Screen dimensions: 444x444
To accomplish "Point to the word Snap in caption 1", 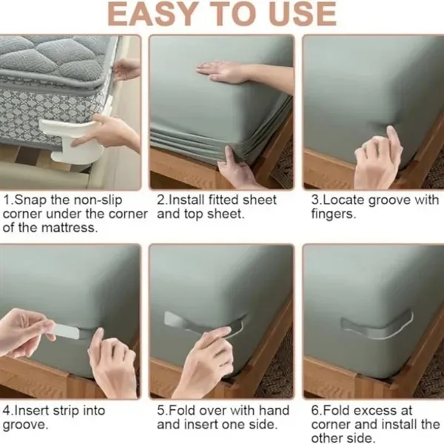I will click(30, 200).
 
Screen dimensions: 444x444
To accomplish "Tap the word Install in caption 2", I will click(186, 200).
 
